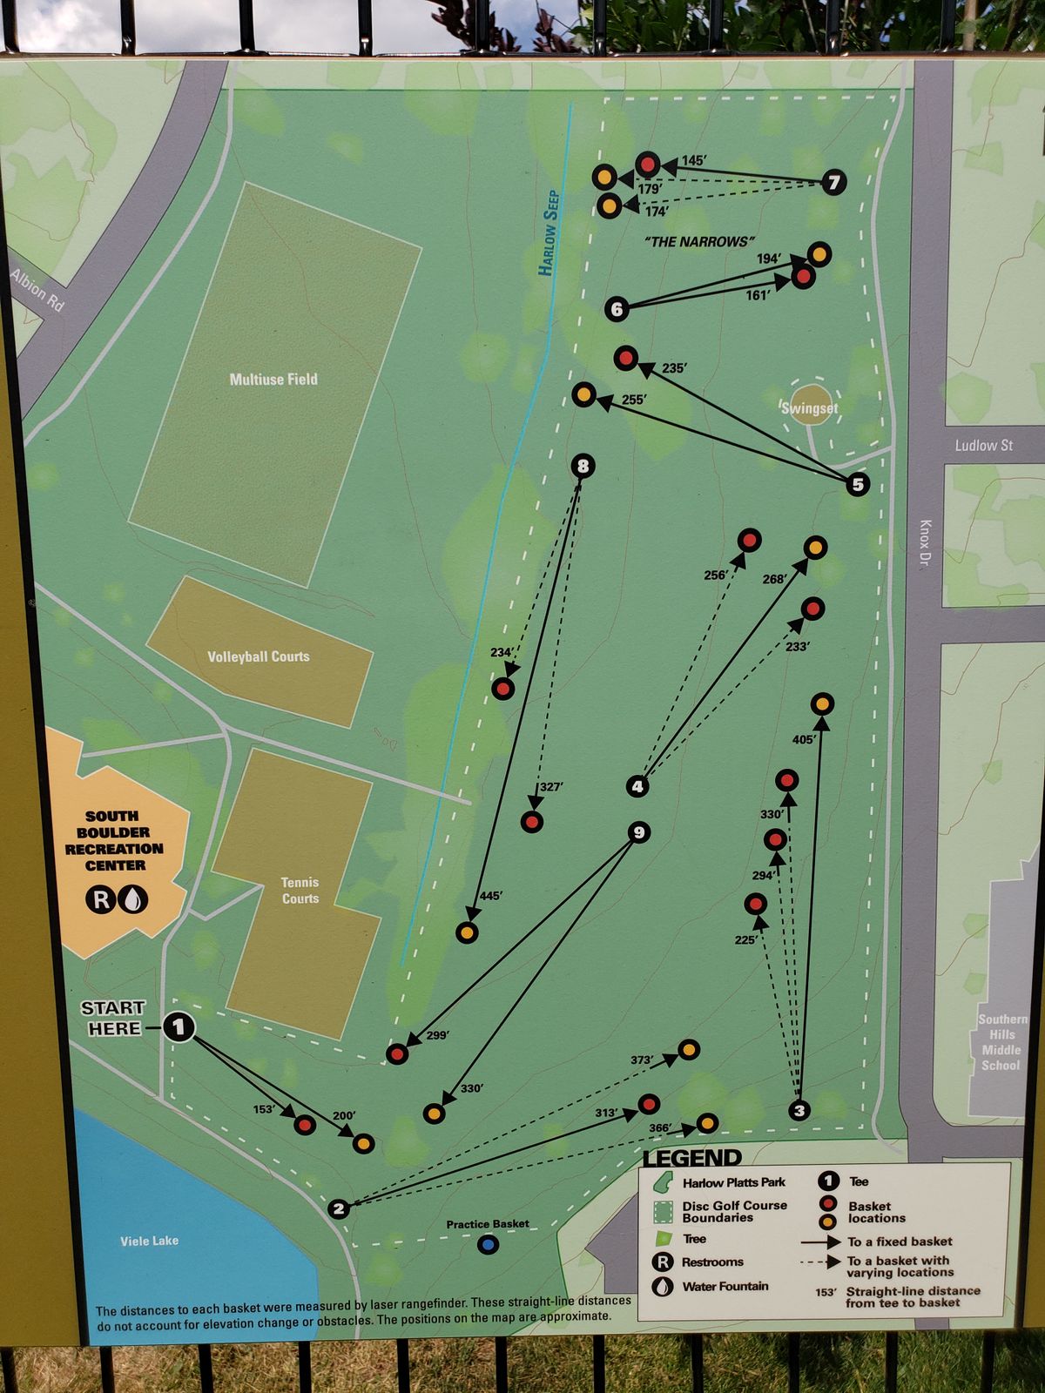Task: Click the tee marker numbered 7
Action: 833,182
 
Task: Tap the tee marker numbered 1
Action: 179,1027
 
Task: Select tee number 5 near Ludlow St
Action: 858,484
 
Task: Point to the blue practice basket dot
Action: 489,1245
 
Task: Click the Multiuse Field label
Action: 273,380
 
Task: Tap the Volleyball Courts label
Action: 259,656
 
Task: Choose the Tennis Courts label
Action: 300,890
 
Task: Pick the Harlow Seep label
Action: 549,232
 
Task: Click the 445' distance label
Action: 490,895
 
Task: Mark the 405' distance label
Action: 804,740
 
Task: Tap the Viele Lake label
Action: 149,1241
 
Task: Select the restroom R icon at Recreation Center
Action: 100,899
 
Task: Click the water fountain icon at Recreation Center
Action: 133,899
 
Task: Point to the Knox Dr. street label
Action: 925,545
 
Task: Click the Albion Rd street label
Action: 37,290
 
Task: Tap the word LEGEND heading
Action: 692,1158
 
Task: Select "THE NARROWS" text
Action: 699,241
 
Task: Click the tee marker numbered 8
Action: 583,466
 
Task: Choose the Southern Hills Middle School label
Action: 1001,1042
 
